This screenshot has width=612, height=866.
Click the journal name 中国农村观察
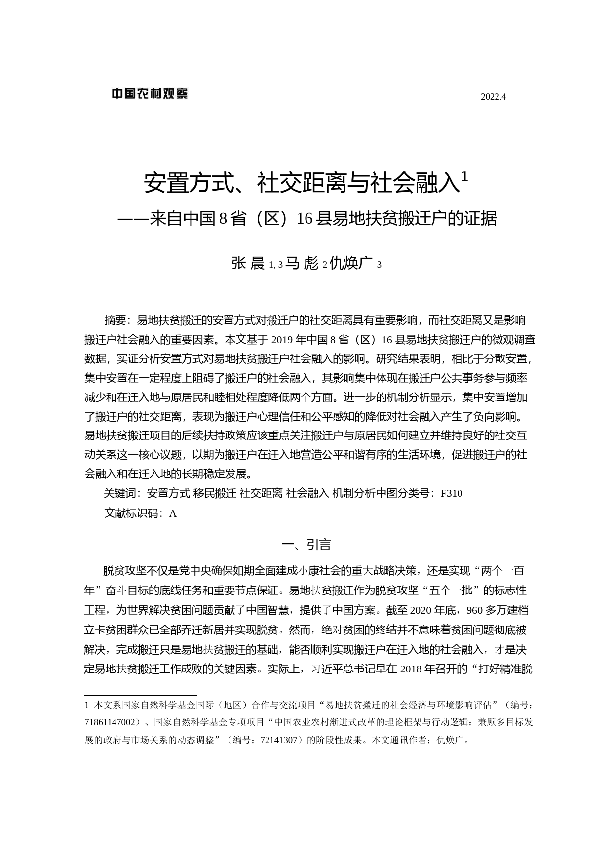pos(150,93)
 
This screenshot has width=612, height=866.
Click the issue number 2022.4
pos(493,97)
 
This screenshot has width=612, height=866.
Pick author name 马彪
pos(302,263)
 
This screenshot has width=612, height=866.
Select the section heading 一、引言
pos(306,544)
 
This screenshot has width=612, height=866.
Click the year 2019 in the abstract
pos(282,340)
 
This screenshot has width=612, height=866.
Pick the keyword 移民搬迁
pos(215,493)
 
